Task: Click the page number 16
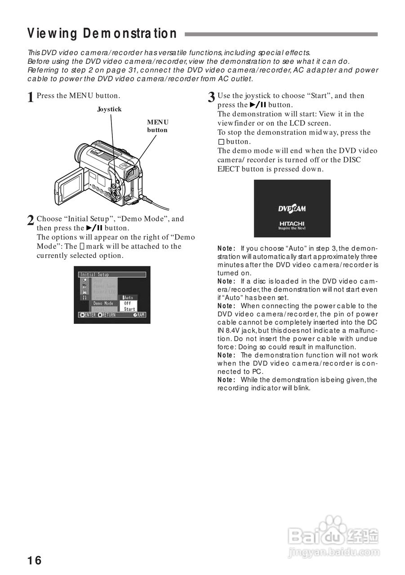(x=34, y=560)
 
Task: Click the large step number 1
(x=31, y=97)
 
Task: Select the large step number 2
(x=31, y=221)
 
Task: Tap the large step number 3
(x=211, y=97)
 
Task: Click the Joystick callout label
(x=109, y=109)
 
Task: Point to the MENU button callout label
(x=157, y=126)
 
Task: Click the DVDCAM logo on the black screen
(x=292, y=208)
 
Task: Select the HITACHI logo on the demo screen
(x=292, y=224)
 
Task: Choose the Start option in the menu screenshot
(x=129, y=309)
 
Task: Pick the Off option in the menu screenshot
(x=128, y=303)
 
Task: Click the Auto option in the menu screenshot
(x=129, y=297)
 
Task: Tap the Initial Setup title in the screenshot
(x=95, y=274)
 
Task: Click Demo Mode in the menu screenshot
(x=103, y=303)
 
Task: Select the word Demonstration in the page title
(x=130, y=34)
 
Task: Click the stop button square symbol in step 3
(x=221, y=142)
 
